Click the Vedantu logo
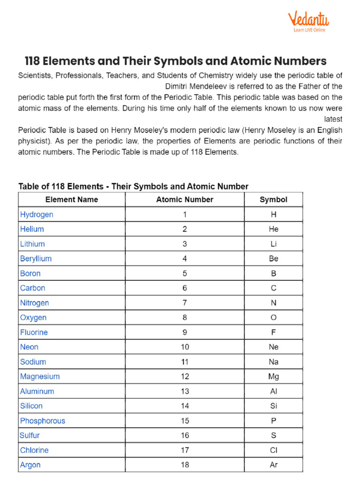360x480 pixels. (308, 21)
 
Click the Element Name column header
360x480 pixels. (72, 200)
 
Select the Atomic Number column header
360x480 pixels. (185, 200)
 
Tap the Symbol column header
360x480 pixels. (273, 200)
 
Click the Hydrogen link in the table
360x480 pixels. (37, 215)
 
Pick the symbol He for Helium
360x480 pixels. (273, 229)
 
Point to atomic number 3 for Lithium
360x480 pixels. (185, 244)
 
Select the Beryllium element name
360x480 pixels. (36, 259)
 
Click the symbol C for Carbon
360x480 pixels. (273, 288)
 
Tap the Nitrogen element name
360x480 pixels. (34, 303)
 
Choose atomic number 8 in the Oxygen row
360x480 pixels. (185, 318)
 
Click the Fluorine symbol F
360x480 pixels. (273, 332)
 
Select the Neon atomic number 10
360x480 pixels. (185, 347)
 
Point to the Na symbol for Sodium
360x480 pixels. (273, 362)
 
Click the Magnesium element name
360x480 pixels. (40, 376)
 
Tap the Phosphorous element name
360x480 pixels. (42, 421)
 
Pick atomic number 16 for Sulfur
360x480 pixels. (185, 435)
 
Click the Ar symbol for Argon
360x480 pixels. (273, 465)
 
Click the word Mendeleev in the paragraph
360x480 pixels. (212, 86)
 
